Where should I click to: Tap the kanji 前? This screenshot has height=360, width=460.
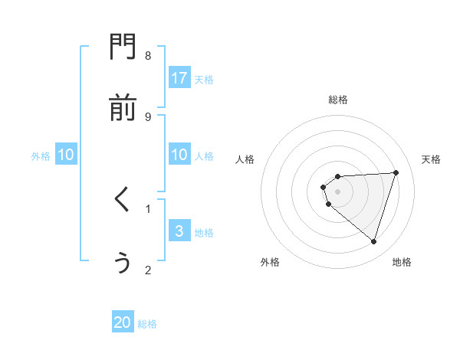(122, 109)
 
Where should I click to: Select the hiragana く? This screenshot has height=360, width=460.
(122, 201)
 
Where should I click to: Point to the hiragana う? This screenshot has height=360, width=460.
(122, 262)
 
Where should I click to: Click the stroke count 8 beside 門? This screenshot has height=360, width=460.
(148, 55)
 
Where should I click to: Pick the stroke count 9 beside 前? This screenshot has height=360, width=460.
(148, 116)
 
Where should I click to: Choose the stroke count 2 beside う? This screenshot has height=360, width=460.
(148, 270)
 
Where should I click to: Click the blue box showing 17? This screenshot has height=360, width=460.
(179, 78)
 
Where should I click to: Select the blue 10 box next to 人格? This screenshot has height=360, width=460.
(179, 155)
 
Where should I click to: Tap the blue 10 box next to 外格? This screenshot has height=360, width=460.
(66, 155)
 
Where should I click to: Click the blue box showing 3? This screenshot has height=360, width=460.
(179, 231)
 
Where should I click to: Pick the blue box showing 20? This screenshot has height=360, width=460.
(123, 322)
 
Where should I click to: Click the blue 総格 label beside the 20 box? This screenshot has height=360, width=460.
(147, 324)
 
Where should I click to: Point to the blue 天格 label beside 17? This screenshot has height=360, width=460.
(204, 80)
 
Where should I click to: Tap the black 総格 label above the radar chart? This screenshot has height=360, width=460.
(338, 100)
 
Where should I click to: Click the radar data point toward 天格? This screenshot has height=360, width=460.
(396, 172)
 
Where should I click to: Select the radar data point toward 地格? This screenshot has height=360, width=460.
(374, 241)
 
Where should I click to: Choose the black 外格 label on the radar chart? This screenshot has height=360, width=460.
(270, 262)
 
